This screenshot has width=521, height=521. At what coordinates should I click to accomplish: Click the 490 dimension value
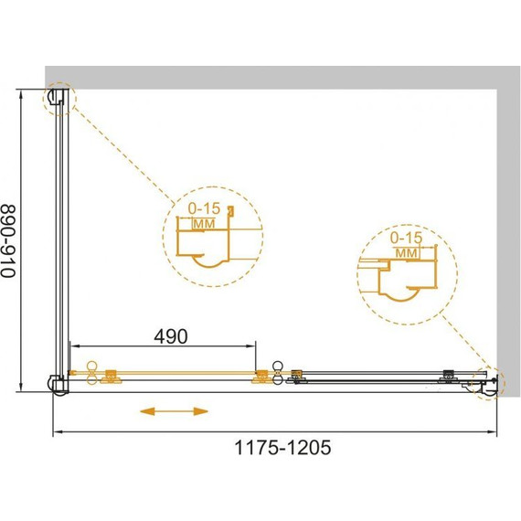[171, 336]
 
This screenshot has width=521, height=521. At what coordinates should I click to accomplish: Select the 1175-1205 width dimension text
[282, 447]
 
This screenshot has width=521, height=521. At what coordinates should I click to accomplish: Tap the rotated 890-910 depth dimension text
[8, 241]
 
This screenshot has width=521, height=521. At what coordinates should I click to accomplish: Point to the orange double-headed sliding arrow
[174, 411]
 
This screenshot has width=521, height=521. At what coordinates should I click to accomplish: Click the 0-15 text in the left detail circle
[204, 208]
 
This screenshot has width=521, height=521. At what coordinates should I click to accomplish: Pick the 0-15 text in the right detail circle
[406, 238]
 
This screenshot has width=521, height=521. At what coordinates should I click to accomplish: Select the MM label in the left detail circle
[204, 224]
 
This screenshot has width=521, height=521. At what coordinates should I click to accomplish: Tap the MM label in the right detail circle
[407, 253]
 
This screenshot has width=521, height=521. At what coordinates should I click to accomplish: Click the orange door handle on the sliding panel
[91, 373]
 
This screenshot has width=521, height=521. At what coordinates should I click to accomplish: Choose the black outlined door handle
[277, 373]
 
